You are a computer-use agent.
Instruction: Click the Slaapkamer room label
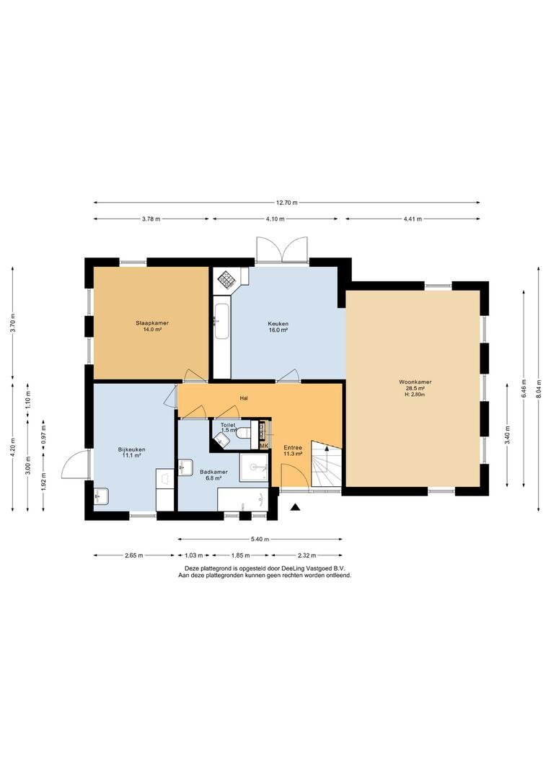(152, 323)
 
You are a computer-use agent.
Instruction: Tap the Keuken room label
(278, 323)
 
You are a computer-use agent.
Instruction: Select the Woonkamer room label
(415, 382)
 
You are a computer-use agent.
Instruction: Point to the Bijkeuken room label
(132, 449)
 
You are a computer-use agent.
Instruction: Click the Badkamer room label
(213, 472)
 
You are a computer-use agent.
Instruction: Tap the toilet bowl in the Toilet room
(244, 433)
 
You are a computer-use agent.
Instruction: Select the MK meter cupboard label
(264, 446)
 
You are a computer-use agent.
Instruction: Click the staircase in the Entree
(327, 464)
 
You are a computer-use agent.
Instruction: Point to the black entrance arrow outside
(296, 507)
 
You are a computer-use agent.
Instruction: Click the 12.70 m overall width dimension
(287, 203)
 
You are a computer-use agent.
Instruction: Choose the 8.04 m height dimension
(539, 388)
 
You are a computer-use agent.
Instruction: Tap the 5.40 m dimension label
(260, 539)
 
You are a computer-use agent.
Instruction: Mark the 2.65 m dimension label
(134, 555)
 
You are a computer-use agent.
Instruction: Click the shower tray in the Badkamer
(254, 467)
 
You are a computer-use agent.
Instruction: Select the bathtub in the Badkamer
(243, 499)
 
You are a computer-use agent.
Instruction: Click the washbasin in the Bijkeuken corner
(101, 496)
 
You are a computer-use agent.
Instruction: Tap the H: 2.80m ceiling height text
(415, 395)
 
